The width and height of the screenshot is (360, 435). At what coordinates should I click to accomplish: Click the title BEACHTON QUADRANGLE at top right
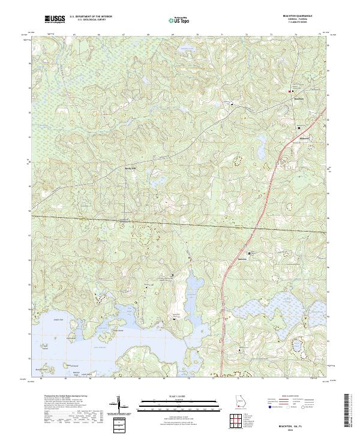pyautogui.click(x=306, y=16)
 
